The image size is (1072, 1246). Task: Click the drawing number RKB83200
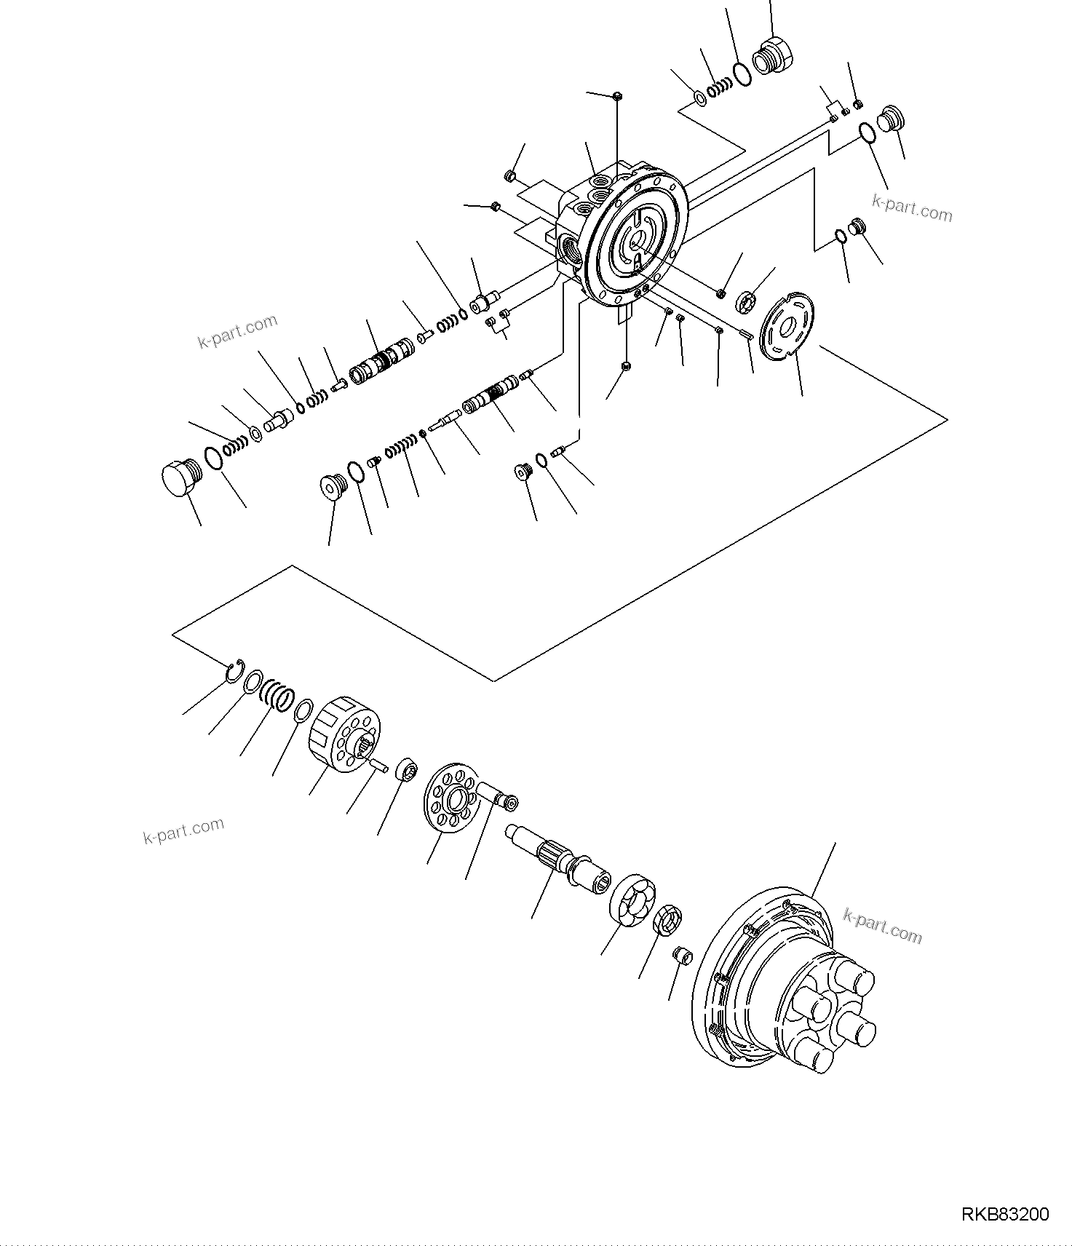[x=1005, y=1214]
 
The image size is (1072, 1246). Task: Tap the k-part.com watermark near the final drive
[x=882, y=926]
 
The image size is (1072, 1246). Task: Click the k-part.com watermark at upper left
[x=237, y=331]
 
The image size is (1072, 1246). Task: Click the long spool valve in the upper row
[x=381, y=361]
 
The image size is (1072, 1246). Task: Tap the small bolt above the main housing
[x=616, y=95]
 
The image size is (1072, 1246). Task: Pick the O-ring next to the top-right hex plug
[x=741, y=74]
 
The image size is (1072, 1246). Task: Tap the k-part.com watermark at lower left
[x=183, y=830]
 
